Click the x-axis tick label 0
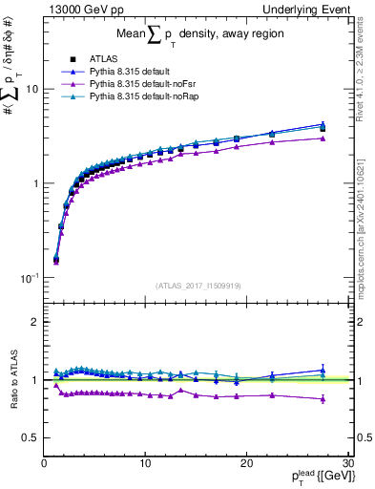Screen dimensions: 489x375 tap(44, 463)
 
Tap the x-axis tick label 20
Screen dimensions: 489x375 tap(246, 463)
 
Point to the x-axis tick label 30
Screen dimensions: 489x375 tap(347, 463)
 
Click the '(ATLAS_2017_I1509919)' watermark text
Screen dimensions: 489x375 tap(197, 286)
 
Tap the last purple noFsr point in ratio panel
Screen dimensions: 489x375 tap(323, 399)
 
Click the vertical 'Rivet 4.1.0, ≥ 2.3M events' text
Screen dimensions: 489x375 tap(366, 72)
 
